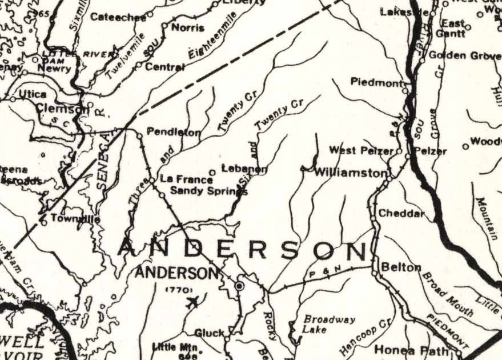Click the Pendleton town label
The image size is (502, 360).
click(x=174, y=132)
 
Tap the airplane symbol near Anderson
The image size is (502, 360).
click(x=192, y=301)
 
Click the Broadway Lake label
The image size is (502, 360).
click(x=321, y=325)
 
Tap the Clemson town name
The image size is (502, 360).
click(x=60, y=107)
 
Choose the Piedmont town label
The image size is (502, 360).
click(x=376, y=82)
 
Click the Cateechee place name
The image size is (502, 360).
click(x=118, y=17)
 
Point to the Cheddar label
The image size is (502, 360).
click(x=402, y=214)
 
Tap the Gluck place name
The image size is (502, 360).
click(x=209, y=333)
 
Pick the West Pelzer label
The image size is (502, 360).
click(x=362, y=151)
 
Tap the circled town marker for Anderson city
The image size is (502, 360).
click(x=240, y=285)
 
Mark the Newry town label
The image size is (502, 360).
click(x=54, y=68)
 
